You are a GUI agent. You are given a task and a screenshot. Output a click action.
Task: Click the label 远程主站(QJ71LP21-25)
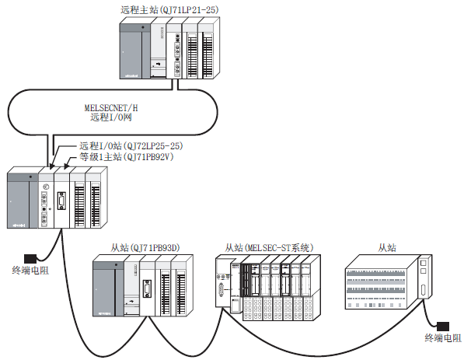169,10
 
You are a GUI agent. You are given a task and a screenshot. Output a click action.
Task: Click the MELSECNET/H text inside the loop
111,107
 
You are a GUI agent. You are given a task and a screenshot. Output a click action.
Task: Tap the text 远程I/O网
111,117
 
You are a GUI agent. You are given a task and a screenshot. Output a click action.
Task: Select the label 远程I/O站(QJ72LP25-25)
131,145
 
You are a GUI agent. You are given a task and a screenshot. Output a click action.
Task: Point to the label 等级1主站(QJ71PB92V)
126,156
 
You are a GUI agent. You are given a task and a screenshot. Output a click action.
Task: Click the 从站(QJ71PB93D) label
145,247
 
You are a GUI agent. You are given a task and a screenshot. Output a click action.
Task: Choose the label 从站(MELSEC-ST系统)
269,247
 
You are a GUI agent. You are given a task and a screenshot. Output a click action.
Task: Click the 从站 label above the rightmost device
387,247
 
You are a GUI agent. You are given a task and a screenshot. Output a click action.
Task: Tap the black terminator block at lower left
30,258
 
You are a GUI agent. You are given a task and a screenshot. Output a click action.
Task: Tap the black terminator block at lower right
443,327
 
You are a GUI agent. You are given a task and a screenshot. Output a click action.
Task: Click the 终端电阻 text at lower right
443,337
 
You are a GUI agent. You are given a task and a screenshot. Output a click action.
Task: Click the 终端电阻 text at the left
30,270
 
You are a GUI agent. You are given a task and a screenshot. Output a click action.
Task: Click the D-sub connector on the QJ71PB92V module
61,201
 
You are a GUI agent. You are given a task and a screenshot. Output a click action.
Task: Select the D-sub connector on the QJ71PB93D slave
147,288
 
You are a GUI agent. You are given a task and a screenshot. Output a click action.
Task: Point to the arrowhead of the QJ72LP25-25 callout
52,166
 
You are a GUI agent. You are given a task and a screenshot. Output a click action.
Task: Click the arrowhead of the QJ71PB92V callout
66,166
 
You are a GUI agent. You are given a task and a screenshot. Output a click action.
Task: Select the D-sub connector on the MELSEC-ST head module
221,290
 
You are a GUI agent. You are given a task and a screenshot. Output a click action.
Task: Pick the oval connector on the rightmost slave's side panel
424,291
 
